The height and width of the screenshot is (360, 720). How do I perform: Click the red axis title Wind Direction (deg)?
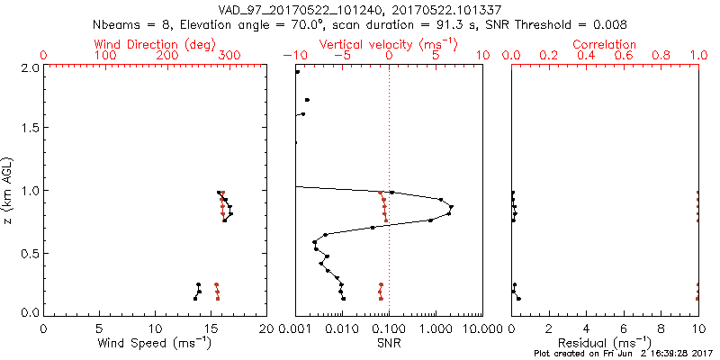(155, 44)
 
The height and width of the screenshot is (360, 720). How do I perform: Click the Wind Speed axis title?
(155, 343)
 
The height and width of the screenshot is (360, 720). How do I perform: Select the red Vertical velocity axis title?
(388, 44)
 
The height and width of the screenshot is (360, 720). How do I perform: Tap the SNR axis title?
(389, 343)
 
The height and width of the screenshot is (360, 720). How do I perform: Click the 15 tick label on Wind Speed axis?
(211, 328)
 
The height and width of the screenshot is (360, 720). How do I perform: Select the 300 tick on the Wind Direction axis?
(230, 56)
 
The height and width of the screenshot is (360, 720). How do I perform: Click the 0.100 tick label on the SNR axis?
(389, 328)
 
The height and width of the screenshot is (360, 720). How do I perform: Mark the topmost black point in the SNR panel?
(297, 72)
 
